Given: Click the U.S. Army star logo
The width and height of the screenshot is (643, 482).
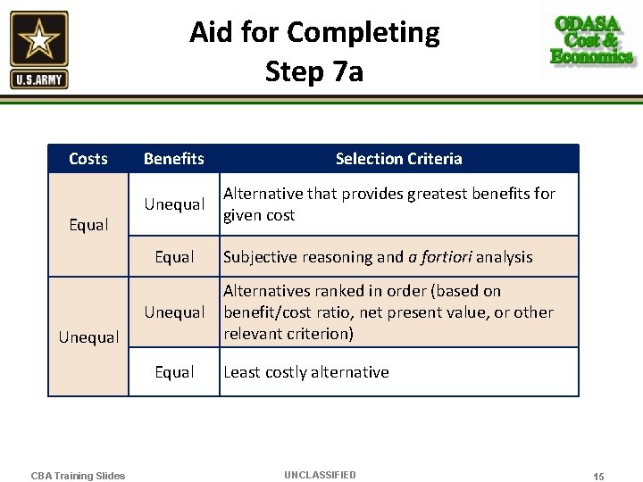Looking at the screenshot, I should click(39, 49).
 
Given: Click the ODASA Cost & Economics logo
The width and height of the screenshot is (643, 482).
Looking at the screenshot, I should click(592, 40).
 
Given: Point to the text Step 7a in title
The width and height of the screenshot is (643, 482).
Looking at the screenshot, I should click(314, 71).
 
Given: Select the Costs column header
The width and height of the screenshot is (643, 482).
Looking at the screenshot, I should click(88, 159).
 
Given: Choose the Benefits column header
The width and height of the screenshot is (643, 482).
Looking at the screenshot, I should click(174, 159).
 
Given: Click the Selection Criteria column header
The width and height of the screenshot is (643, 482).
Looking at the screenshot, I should click(398, 159).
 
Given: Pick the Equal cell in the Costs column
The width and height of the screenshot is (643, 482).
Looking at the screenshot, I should click(88, 225).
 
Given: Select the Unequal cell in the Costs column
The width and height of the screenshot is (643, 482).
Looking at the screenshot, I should click(88, 337).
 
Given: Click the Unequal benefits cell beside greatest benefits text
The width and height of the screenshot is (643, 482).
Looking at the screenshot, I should click(174, 204).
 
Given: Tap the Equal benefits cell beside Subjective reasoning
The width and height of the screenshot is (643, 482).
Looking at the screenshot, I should click(174, 257).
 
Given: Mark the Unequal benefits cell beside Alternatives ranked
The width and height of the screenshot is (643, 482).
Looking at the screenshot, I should click(174, 312).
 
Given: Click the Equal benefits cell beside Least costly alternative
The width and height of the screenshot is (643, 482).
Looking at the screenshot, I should click(174, 372).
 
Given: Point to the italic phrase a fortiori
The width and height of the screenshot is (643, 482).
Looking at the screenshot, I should click(439, 257).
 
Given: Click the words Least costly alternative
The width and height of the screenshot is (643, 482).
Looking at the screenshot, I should click(306, 372).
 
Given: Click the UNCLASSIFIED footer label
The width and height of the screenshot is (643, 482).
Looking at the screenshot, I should click(320, 475).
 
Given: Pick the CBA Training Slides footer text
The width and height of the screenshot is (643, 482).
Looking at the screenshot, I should click(79, 476).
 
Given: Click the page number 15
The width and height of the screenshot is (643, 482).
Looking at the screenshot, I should click(598, 477).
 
